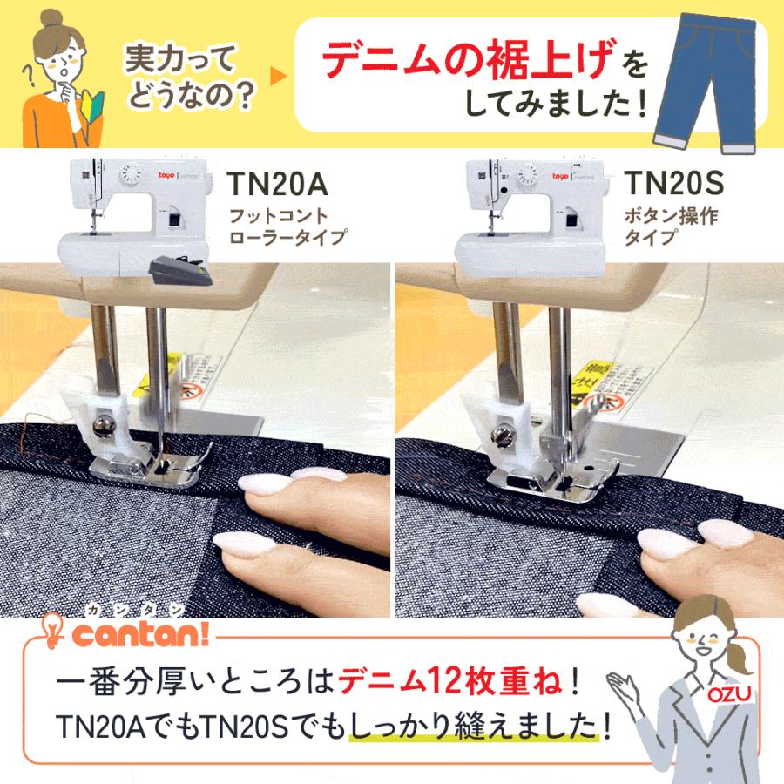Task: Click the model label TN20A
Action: (275, 185)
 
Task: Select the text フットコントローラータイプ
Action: (287, 225)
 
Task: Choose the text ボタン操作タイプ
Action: (671, 225)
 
